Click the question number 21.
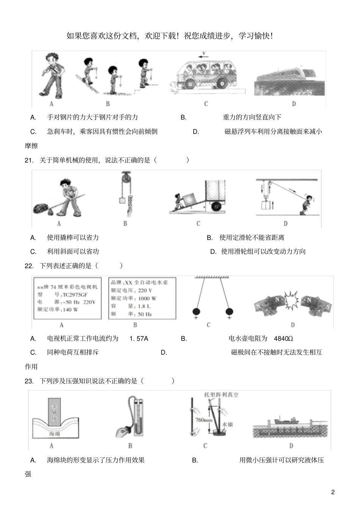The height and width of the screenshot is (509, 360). [29, 160]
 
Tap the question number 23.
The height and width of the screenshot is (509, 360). [29, 381]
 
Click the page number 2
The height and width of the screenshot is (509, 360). [333, 492]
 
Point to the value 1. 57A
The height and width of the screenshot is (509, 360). [139, 339]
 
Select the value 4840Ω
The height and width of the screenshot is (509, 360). [283, 339]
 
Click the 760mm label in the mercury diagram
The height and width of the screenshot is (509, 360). [203, 420]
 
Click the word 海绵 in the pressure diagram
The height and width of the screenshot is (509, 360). [55, 433]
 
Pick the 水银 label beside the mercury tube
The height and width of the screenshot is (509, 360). [227, 424]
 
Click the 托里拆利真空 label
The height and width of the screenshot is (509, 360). [221, 395]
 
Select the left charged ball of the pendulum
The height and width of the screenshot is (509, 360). [196, 311]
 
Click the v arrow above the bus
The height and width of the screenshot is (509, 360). [203, 55]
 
